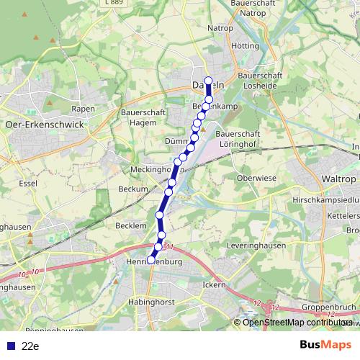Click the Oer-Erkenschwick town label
(44, 124)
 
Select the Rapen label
(84, 109)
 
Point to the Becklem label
(130, 225)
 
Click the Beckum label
(132, 189)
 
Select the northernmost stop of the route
(208, 81)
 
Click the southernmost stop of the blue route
(151, 261)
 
